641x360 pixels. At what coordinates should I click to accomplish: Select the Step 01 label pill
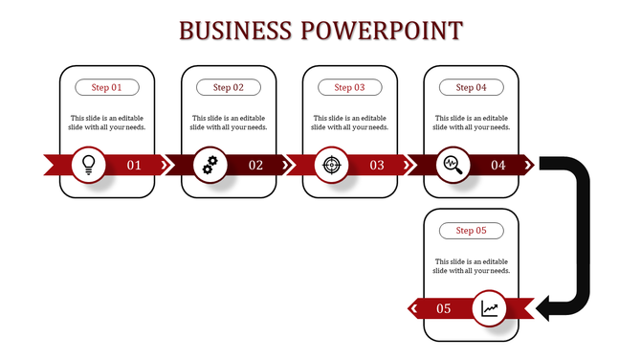tap(107, 87)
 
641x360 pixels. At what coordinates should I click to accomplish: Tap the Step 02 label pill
tap(229, 87)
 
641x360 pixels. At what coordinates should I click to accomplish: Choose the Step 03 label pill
tap(350, 87)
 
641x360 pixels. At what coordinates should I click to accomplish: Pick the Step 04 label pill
tap(472, 87)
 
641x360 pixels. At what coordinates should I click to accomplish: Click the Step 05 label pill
tap(472, 231)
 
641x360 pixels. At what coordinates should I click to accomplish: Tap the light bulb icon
tap(89, 164)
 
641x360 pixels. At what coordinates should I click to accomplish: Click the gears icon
tap(210, 164)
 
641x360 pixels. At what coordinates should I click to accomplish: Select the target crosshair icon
tap(331, 164)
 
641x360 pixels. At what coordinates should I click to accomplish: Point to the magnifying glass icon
tap(453, 164)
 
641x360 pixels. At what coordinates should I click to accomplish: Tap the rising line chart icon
tap(490, 307)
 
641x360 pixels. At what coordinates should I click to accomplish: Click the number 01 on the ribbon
tap(134, 165)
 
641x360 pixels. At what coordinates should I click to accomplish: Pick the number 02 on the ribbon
tap(255, 165)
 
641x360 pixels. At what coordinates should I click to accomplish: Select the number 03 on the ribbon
tap(377, 165)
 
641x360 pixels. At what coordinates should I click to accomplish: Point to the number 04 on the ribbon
tap(498, 165)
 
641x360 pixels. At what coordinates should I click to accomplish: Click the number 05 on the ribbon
tap(444, 308)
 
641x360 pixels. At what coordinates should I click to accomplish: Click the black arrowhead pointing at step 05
tap(548, 307)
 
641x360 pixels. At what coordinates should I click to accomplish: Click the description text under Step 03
tap(350, 122)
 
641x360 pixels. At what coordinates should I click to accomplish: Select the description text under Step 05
tap(472, 265)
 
